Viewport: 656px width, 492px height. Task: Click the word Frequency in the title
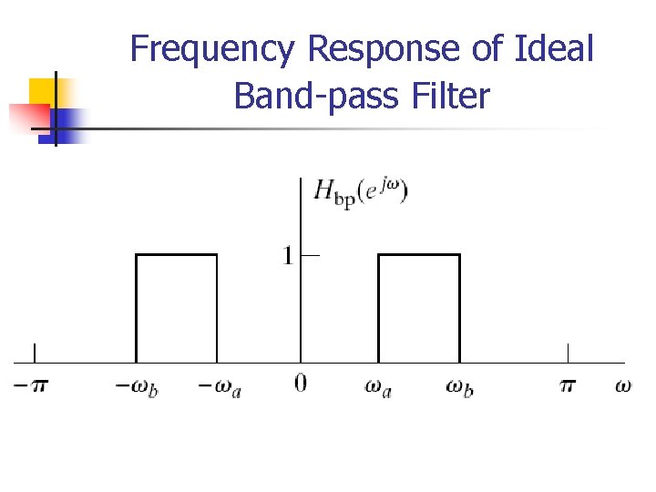click(212, 49)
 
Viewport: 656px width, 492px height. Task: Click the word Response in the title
click(384, 49)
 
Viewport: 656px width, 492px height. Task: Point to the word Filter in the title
click(447, 94)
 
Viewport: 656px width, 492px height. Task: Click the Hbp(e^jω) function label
click(361, 192)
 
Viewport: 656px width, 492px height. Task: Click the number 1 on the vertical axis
click(288, 256)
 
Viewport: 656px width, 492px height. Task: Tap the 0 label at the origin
click(301, 384)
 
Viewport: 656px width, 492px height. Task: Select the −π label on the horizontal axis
click(31, 385)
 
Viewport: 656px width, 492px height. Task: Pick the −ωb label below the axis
click(136, 386)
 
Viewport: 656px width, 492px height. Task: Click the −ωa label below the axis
click(220, 386)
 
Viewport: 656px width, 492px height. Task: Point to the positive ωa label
click(379, 386)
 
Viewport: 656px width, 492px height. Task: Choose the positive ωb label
click(458, 386)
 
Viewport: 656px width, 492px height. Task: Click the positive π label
click(568, 385)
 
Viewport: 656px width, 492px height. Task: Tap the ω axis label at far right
click(622, 385)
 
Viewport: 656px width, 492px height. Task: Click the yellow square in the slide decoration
click(44, 91)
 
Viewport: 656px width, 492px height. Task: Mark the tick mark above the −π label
click(35, 354)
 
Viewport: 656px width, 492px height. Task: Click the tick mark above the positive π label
click(568, 354)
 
